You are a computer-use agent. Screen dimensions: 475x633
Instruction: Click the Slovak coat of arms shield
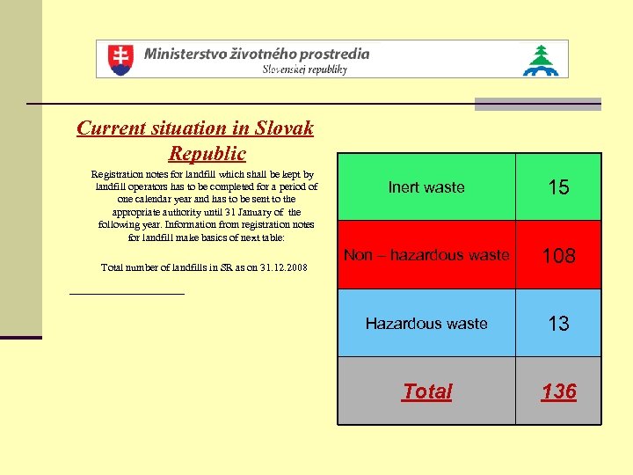(x=120, y=59)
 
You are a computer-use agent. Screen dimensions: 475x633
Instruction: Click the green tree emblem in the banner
(x=541, y=60)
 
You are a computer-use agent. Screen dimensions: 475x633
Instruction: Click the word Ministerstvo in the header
(x=184, y=53)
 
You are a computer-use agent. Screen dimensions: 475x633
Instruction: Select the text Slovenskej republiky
(x=305, y=69)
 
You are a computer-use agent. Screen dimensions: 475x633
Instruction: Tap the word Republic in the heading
(x=207, y=153)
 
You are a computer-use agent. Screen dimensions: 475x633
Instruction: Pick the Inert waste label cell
(x=426, y=187)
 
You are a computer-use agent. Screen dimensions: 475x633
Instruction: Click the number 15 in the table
(x=558, y=187)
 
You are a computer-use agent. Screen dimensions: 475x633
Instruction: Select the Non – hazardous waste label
(x=426, y=255)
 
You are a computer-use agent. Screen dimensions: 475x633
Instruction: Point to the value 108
(x=558, y=256)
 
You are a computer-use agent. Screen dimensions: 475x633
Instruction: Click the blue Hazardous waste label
(x=426, y=324)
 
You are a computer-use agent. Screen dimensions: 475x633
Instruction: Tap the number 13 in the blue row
(x=558, y=324)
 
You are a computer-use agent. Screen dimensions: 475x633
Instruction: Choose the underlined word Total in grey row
(x=426, y=391)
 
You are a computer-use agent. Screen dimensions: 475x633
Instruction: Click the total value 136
(x=558, y=391)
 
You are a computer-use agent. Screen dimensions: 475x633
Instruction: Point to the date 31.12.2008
(x=280, y=267)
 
